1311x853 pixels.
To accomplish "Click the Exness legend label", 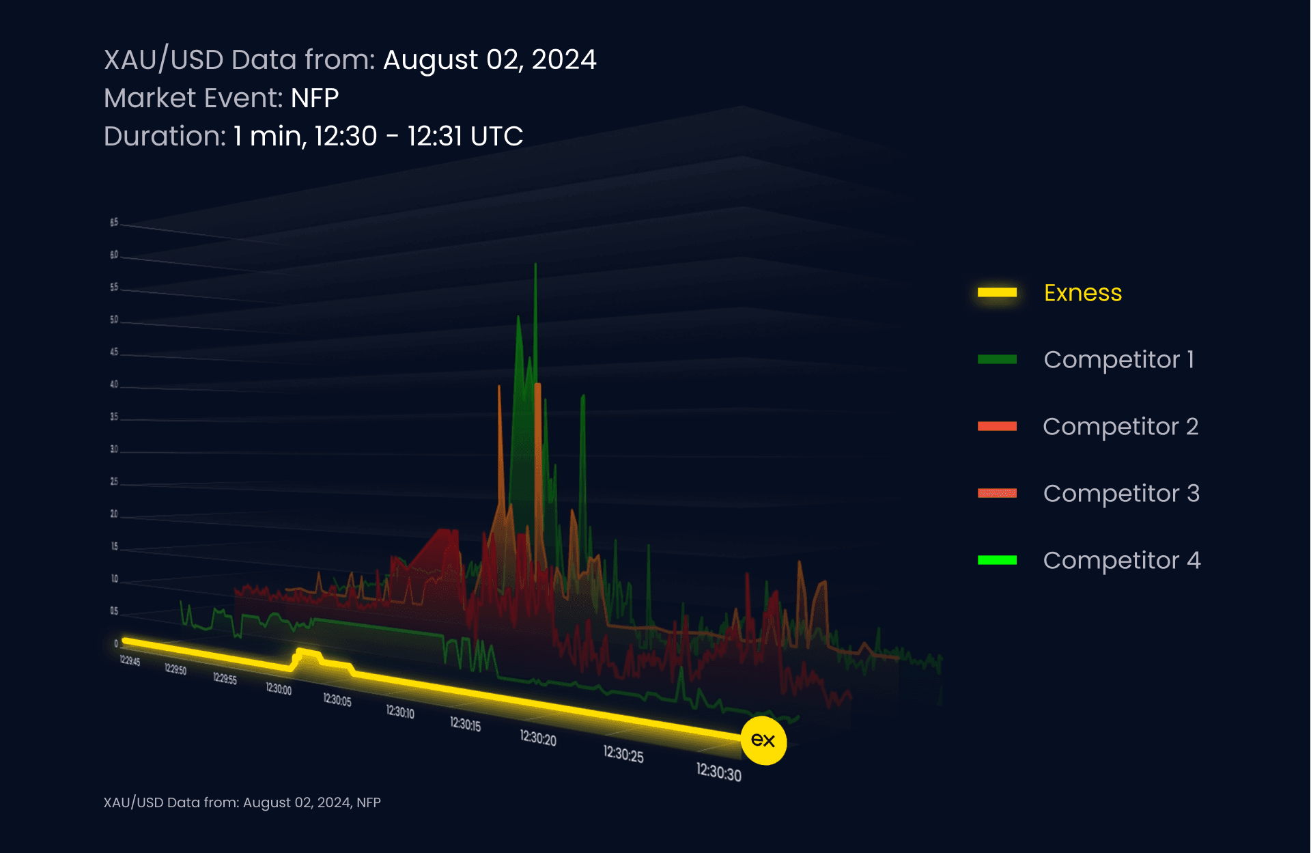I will tap(1082, 293).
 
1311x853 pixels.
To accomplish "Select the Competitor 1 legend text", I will tap(1118, 360).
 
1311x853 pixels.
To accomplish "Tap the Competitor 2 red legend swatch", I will tap(997, 427).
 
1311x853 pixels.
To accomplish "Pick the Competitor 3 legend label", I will tap(1120, 494).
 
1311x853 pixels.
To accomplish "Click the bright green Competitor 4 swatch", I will tap(997, 561).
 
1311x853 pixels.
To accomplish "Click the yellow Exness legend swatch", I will tap(997, 293).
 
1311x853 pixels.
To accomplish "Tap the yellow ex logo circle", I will tap(763, 740).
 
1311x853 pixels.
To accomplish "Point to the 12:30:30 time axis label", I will tap(718, 772).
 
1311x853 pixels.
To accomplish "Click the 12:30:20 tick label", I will tap(537, 738).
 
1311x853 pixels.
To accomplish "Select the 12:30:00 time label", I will tap(279, 689).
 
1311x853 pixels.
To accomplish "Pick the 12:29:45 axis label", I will tap(130, 660).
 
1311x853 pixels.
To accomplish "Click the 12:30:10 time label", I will tap(400, 712).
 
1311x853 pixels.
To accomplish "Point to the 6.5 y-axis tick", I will tap(114, 223).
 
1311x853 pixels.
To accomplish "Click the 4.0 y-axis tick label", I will tap(114, 384).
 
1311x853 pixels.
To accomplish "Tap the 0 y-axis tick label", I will tap(115, 643).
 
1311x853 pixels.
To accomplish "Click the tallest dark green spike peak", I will tap(535, 265).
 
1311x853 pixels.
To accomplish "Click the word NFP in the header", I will tap(314, 98).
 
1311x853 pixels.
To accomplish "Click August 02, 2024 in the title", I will tap(489, 60).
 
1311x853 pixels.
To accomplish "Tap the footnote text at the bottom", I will tap(242, 802).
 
